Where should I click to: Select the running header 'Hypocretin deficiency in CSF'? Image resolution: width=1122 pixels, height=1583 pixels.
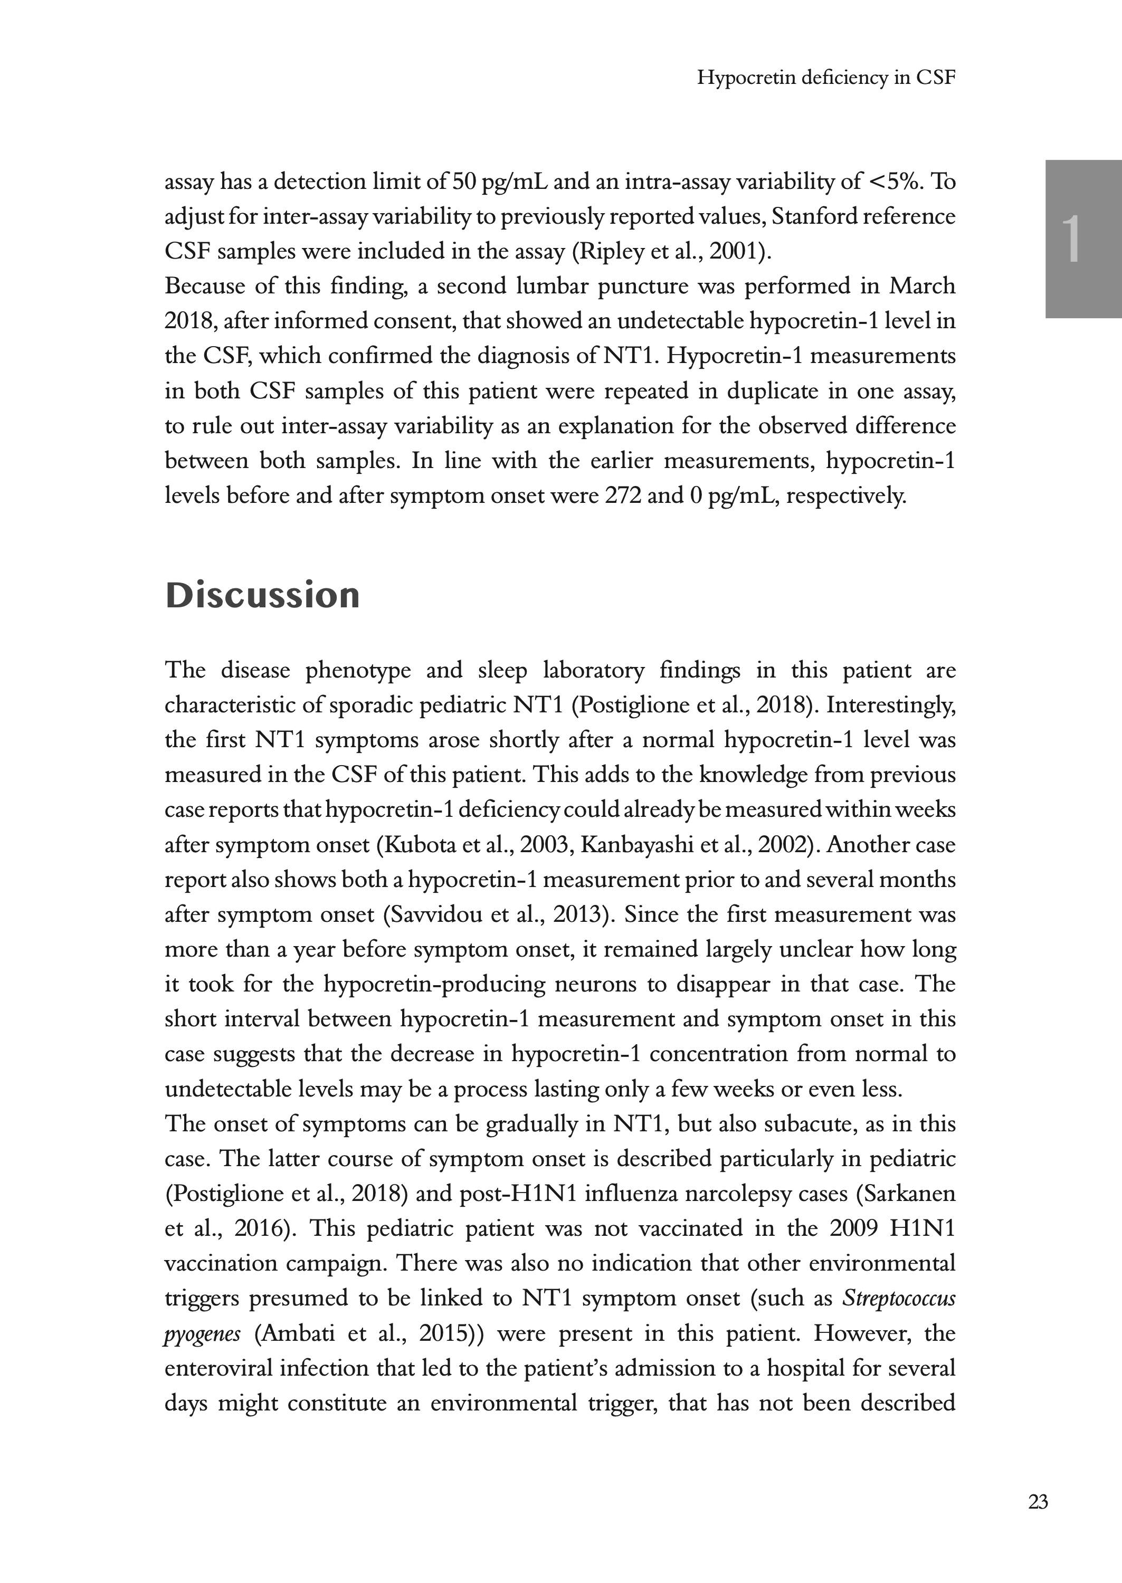(x=825, y=78)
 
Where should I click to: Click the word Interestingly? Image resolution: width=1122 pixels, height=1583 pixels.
(x=890, y=705)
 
